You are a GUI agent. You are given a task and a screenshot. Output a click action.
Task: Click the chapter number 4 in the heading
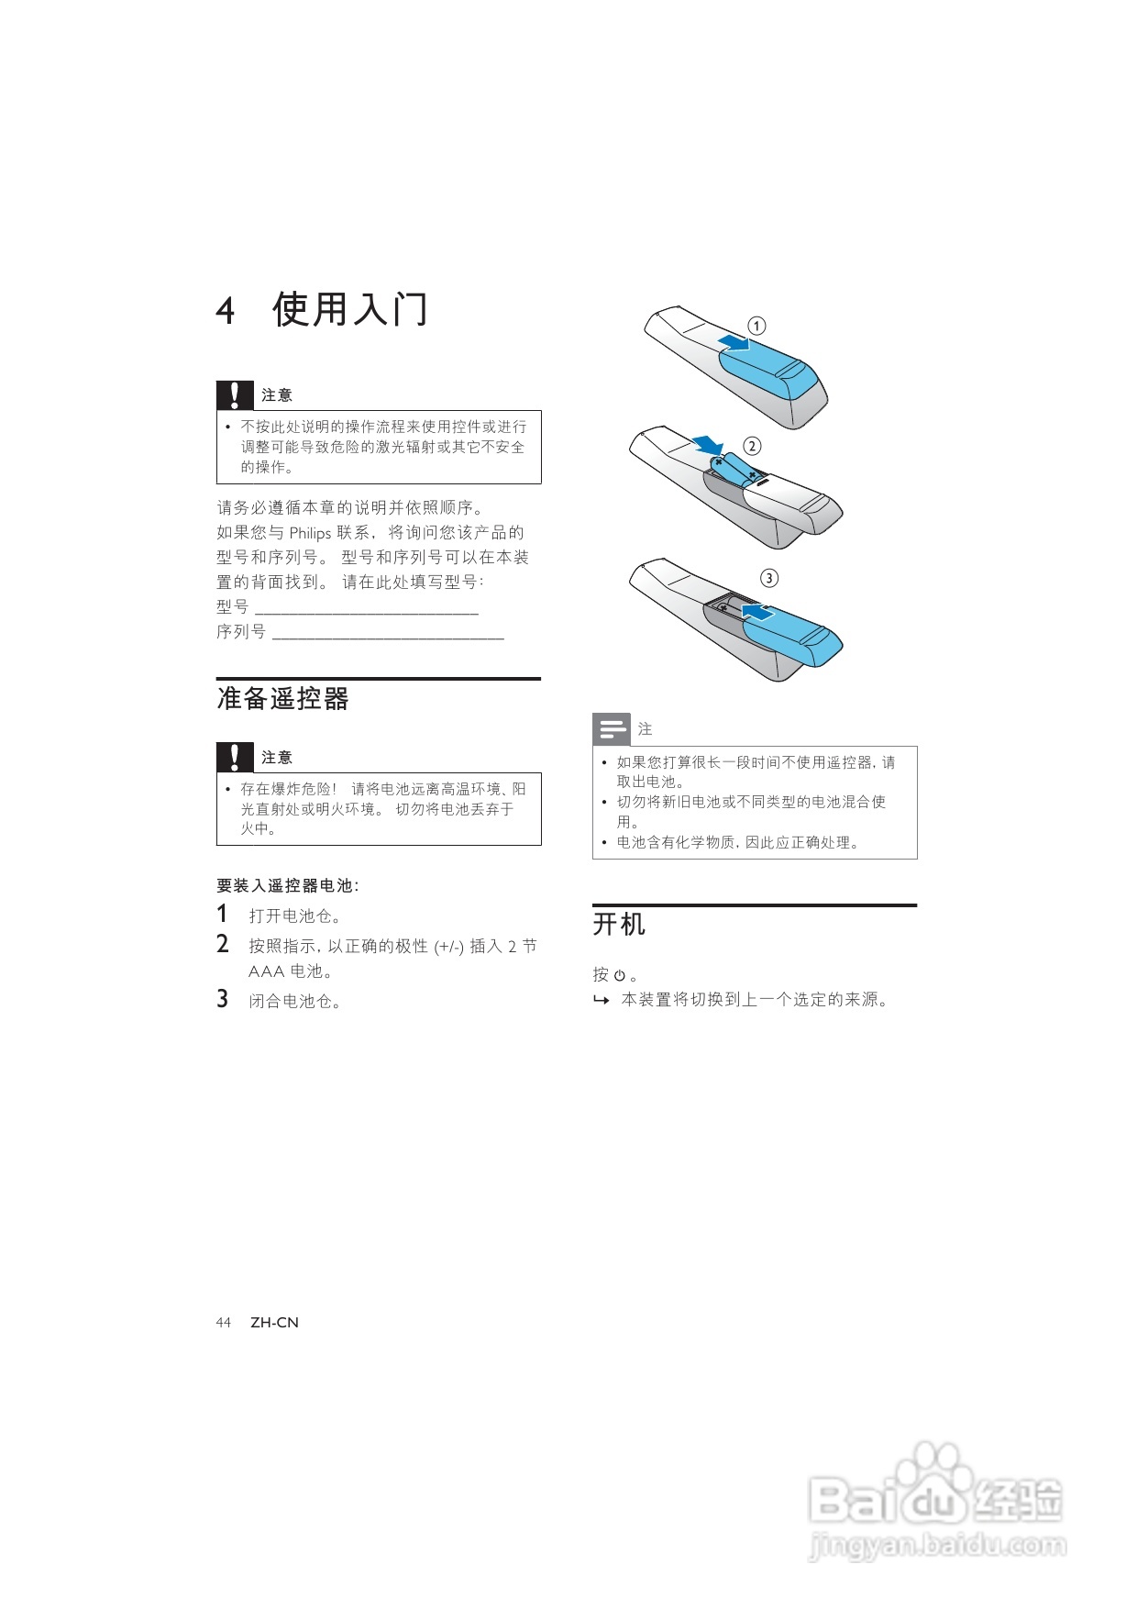(226, 310)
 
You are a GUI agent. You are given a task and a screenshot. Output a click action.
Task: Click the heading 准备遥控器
(282, 699)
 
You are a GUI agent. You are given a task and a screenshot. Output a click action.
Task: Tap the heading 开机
(619, 924)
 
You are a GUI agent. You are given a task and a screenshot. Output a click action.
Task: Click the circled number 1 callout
(756, 326)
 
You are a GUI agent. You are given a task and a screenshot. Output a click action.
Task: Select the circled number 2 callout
(752, 446)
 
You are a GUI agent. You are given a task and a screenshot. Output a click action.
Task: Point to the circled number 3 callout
(769, 578)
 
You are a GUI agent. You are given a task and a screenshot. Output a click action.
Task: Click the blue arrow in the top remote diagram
(734, 343)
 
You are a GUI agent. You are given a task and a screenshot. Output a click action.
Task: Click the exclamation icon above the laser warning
(235, 394)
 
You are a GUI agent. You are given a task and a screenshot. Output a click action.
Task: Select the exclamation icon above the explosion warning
(235, 757)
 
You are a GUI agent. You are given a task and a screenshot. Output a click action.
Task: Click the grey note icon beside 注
(611, 729)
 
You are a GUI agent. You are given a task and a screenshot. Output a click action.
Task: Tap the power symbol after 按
(620, 976)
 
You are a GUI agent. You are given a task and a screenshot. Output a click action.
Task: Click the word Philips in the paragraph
(310, 533)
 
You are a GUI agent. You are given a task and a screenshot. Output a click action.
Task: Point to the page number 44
(224, 1322)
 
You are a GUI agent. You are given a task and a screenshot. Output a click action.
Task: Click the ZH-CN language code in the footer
(274, 1322)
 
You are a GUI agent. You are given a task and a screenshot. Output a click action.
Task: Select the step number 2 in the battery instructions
(223, 943)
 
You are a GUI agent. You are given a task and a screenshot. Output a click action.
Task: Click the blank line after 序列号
(388, 633)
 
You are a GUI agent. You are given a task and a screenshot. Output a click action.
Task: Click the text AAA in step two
(266, 971)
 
